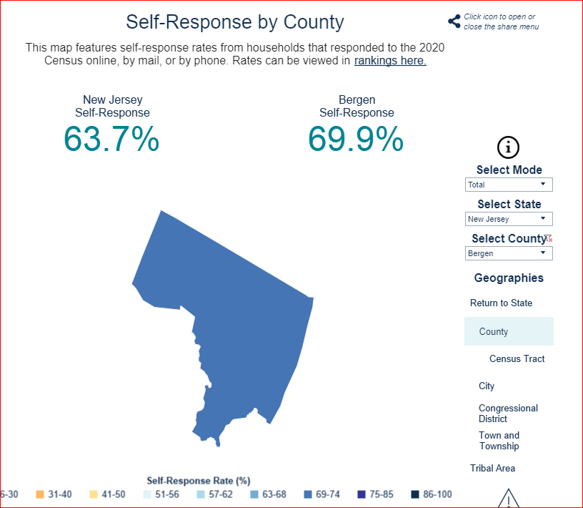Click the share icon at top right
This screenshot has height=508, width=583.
pos(454,21)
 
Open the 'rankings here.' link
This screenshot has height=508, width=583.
pos(390,61)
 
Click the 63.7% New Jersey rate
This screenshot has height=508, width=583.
pos(111,139)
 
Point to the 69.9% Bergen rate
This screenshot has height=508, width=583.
pos(356,139)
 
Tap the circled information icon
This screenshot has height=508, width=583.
pos(508,148)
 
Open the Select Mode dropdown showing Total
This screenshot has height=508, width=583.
pos(509,185)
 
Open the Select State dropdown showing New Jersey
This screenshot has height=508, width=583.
pos(509,219)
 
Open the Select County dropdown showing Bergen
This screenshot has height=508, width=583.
pos(509,253)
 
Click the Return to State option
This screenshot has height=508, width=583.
pos(501,303)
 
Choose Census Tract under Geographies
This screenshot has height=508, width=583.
pos(517,358)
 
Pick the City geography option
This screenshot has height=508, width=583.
pos(487,386)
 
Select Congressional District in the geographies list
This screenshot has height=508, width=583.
pos(508,414)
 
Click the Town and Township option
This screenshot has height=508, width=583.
pos(499,441)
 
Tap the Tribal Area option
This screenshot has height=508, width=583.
pos(492,469)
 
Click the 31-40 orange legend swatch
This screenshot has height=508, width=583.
pos(40,494)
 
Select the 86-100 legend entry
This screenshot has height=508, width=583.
pos(432,494)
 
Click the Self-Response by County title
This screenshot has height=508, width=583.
pos(235,22)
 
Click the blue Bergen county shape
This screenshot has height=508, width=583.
pos(236,322)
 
